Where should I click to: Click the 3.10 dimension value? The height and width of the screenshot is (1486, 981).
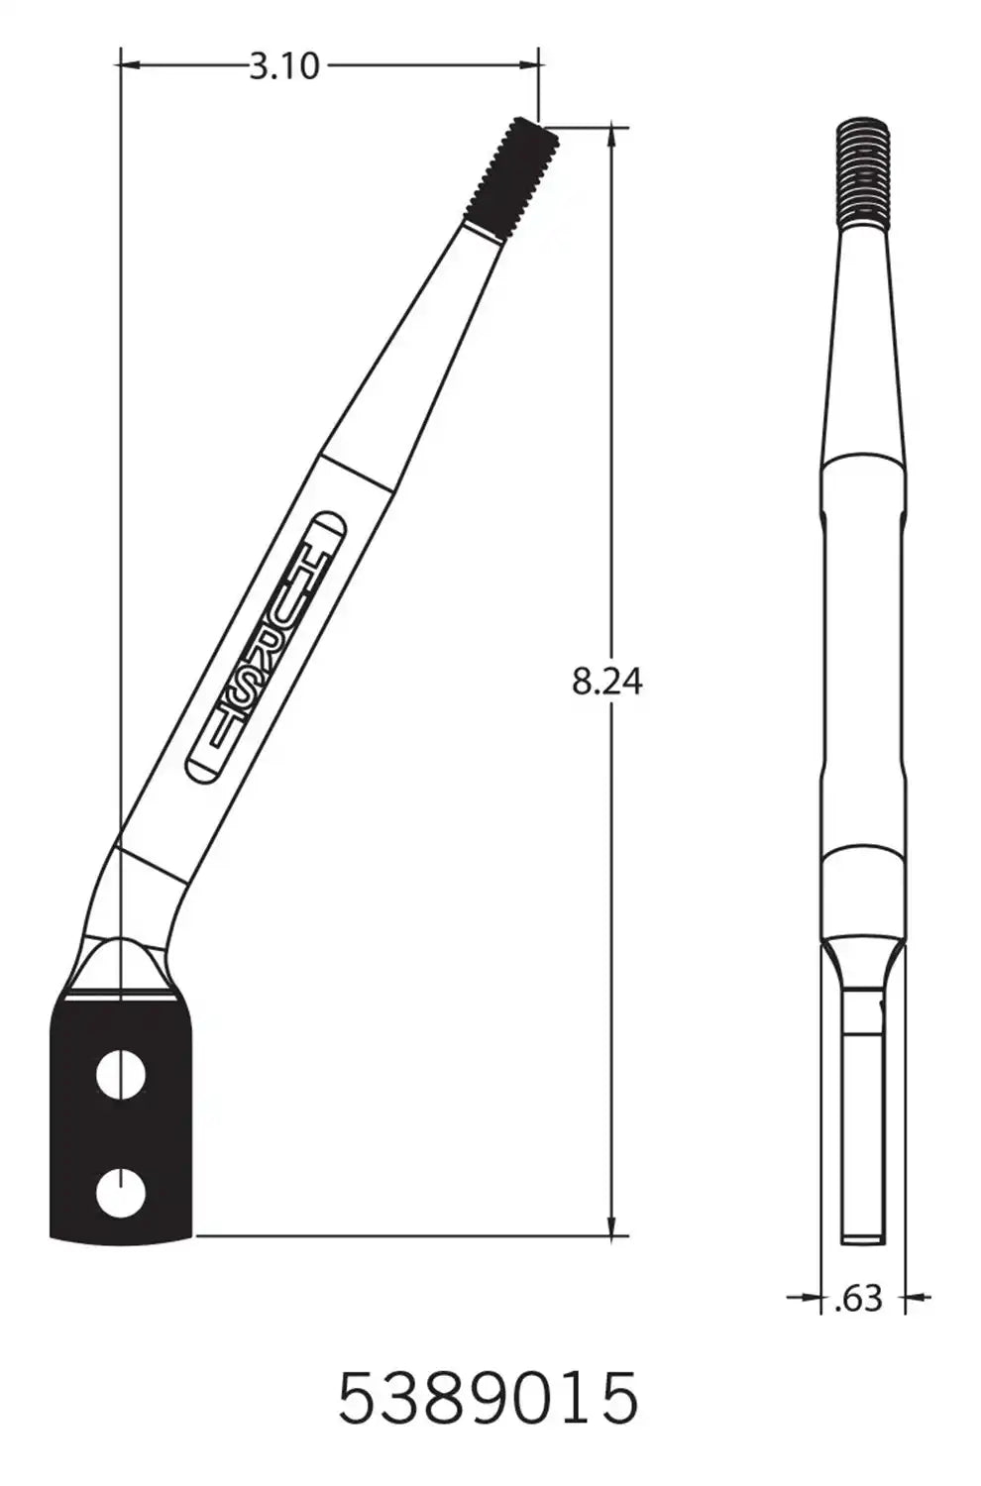pyautogui.click(x=283, y=66)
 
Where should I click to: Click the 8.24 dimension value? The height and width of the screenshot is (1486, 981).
pyautogui.click(x=606, y=682)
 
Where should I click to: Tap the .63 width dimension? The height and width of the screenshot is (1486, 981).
pyautogui.click(x=858, y=1298)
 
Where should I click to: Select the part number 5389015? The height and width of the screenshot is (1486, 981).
pyautogui.click(x=489, y=1398)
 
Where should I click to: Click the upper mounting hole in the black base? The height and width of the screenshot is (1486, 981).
pyautogui.click(x=121, y=1076)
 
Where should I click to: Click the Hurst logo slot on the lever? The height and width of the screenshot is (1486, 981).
pyautogui.click(x=266, y=648)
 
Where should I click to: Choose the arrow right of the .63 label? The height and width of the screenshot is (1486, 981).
pyautogui.click(x=918, y=1296)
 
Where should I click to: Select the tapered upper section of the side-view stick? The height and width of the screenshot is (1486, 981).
pyautogui.click(x=864, y=347)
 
